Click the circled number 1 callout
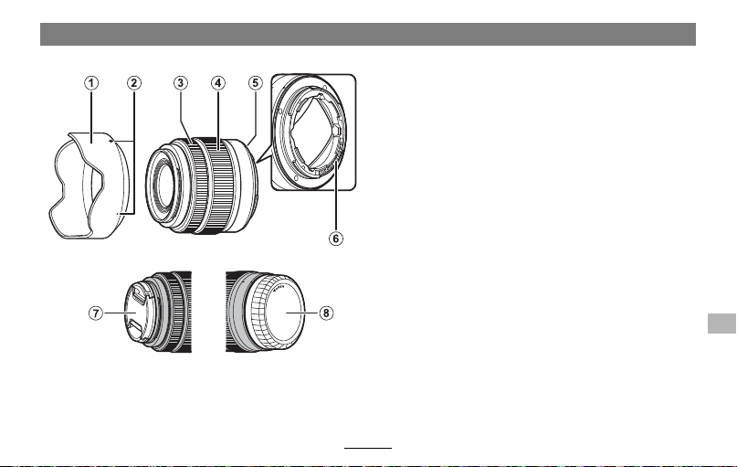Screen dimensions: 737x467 91,83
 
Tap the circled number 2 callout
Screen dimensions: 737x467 134,83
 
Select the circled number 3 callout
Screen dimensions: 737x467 181,83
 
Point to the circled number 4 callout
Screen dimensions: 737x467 217,83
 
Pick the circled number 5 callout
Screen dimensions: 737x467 255,83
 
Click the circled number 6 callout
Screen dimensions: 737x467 335,239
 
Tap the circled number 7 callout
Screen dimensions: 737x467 96,313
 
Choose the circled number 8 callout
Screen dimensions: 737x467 326,313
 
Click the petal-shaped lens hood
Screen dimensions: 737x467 89,186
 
